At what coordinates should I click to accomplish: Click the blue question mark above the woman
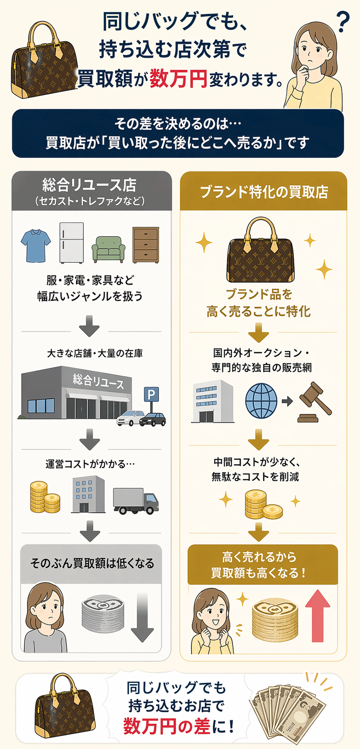pyautogui.click(x=343, y=22)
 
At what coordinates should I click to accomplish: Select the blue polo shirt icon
pyautogui.click(x=36, y=245)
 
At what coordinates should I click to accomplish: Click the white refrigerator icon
pyautogui.click(x=72, y=243)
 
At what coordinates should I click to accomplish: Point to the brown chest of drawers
pyautogui.click(x=145, y=245)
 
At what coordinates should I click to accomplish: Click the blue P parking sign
pyautogui.click(x=151, y=395)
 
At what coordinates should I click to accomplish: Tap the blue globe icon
pyautogui.click(x=261, y=401)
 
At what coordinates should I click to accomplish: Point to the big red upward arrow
pyautogui.click(x=318, y=615)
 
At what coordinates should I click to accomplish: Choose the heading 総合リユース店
pyautogui.click(x=90, y=185)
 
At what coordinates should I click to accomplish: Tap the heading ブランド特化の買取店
pyautogui.click(x=264, y=192)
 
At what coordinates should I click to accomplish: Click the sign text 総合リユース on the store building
pyautogui.click(x=98, y=381)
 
